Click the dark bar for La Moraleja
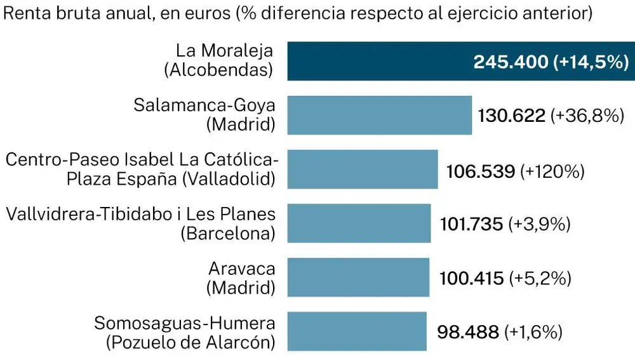(381, 62)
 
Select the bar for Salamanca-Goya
(379, 116)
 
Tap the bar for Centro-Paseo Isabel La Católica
(363, 170)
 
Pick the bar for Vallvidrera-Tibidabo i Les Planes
(359, 223)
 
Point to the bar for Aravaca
(358, 277)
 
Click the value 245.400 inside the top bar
(511, 62)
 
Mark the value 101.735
(472, 224)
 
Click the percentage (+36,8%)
(584, 116)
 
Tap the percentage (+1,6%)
(533, 332)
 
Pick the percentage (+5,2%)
(540, 278)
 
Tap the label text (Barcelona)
(227, 234)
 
